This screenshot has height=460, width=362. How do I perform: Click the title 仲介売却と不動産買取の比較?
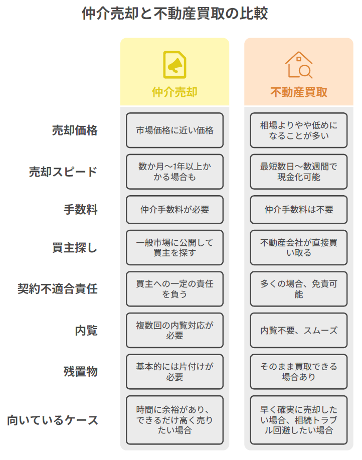[174, 14]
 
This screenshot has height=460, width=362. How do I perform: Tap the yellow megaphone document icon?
[174, 65]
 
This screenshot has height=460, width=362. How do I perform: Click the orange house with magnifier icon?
[299, 65]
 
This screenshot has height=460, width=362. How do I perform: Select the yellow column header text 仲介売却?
[174, 92]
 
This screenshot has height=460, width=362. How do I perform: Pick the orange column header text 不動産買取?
[299, 92]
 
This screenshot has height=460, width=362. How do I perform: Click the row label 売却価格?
[75, 130]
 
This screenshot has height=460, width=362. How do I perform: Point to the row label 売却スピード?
[63, 172]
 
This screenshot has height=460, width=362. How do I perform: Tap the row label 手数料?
[81, 210]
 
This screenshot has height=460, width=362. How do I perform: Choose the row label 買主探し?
[75, 248]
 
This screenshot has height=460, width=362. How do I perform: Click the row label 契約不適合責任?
[58, 288]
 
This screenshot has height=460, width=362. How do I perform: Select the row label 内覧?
[86, 331]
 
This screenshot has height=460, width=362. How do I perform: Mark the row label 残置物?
[81, 371]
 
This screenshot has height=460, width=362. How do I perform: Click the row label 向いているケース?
[53, 420]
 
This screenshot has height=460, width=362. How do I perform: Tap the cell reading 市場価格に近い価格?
[174, 130]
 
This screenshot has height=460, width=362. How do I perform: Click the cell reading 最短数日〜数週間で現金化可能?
[299, 172]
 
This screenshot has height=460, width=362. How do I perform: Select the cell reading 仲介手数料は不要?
[299, 210]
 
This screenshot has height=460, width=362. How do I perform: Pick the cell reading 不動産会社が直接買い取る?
[299, 248]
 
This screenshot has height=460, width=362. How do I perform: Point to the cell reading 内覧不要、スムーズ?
[299, 331]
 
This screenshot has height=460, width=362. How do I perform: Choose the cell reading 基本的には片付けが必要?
[174, 372]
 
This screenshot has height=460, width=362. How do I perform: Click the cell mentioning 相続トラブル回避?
[299, 420]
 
